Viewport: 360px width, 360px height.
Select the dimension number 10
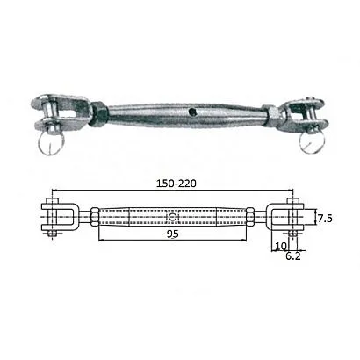tap(280, 246)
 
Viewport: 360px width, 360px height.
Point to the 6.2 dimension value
tap(293, 258)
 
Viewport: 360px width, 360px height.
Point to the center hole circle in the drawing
tap(173, 216)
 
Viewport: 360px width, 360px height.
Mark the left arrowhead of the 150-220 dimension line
tap(55, 190)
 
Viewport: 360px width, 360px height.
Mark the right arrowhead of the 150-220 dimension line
tap(293, 190)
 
